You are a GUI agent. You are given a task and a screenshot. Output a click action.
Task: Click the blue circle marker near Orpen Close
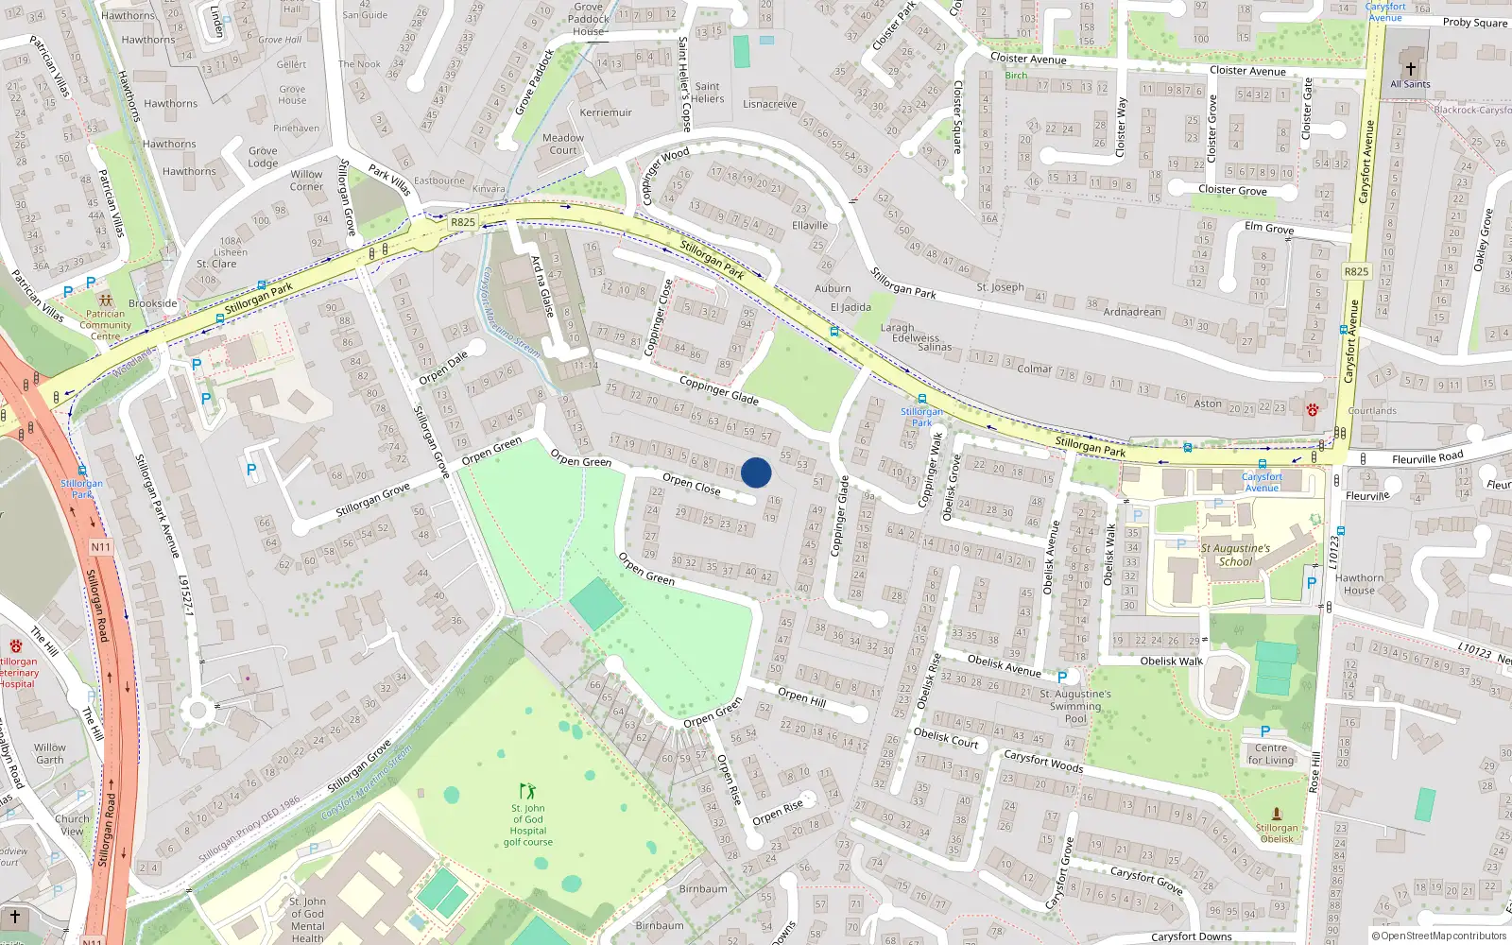tap(756, 472)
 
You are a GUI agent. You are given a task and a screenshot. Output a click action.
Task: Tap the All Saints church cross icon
tap(1410, 69)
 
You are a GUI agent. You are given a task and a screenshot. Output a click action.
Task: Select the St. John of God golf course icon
tap(527, 790)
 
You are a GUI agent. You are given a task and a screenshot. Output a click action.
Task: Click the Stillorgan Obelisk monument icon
tap(1277, 813)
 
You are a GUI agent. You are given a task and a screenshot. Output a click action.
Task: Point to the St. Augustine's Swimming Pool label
tap(1075, 706)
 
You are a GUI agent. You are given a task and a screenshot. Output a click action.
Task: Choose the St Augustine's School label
tap(1235, 555)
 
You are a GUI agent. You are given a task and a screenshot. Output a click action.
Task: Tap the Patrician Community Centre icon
tap(105, 300)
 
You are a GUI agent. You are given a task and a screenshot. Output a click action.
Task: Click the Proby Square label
tap(1474, 23)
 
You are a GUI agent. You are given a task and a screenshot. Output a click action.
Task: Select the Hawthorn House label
tap(1359, 584)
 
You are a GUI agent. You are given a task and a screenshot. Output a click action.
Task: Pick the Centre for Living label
tap(1271, 753)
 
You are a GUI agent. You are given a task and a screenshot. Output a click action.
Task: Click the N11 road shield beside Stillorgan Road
tap(101, 547)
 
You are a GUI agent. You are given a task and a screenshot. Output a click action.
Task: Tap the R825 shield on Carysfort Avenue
tap(1356, 271)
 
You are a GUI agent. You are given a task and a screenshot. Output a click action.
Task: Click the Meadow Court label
tap(563, 144)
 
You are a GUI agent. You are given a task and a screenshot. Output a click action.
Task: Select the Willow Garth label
tap(50, 753)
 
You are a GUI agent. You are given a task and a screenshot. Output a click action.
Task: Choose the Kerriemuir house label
tap(606, 112)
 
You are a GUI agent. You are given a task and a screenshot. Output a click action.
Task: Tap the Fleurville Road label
tap(1427, 458)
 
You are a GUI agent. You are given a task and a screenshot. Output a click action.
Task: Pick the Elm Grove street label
tap(1269, 228)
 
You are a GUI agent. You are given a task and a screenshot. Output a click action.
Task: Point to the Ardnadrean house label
tap(1132, 312)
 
